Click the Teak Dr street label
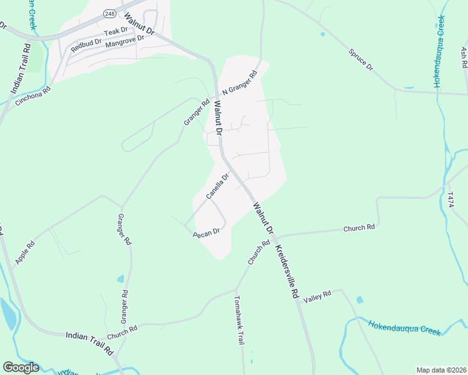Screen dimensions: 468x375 [116, 31]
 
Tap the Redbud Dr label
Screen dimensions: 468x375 [85, 43]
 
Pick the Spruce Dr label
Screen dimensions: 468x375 [360, 58]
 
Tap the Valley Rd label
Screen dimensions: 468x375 [317, 297]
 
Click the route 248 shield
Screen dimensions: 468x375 [110, 13]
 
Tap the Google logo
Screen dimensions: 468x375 [21, 367]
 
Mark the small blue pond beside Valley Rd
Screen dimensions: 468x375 [360, 300]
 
